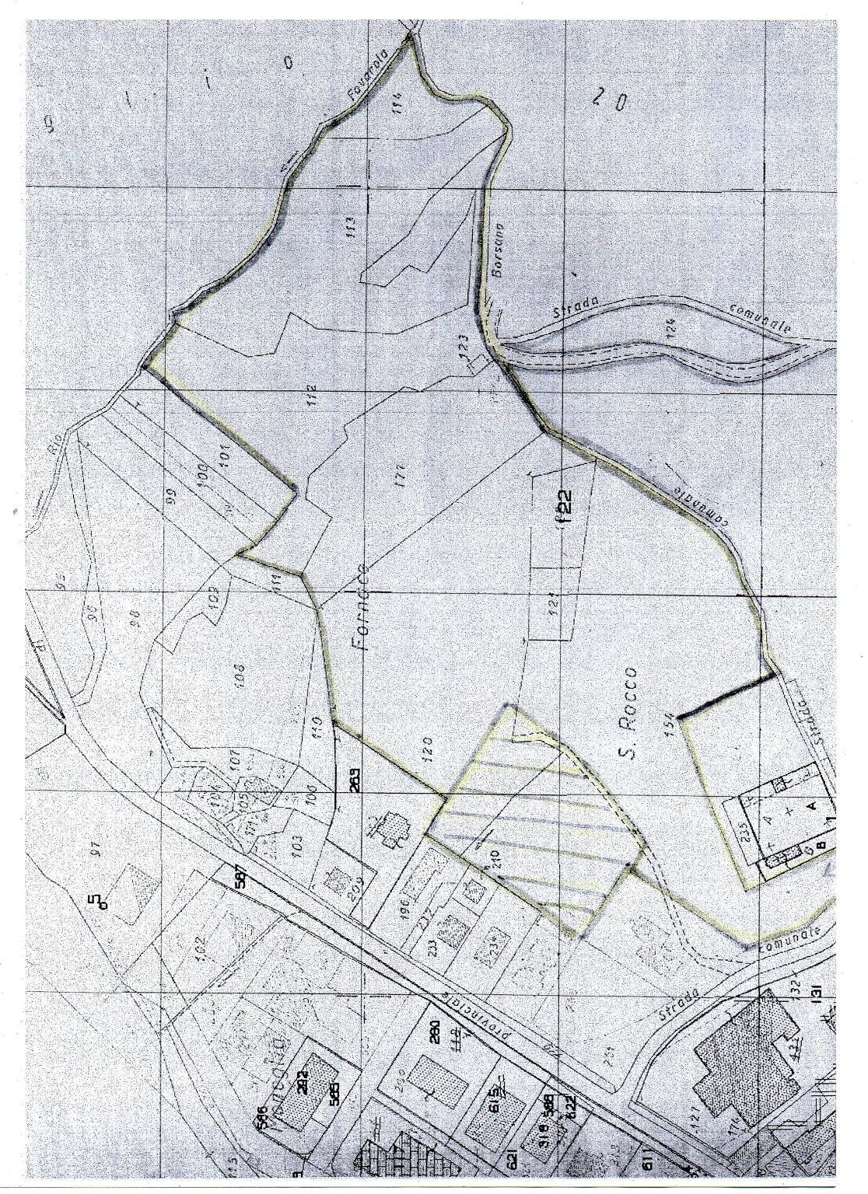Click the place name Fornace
point(364,607)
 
